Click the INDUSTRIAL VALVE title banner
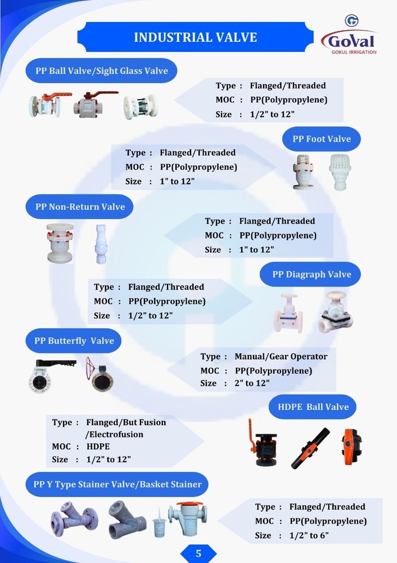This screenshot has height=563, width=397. [195, 37]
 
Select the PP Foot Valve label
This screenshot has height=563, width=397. [321, 139]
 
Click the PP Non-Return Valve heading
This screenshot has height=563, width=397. [80, 207]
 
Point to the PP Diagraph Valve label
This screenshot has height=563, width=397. [312, 275]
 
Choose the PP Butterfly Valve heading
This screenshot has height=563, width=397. [74, 341]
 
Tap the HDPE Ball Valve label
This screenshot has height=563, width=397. [313, 406]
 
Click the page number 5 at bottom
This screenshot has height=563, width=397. [198, 553]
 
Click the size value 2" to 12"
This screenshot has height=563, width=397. [252, 383]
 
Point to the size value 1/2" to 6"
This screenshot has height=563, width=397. [309, 535]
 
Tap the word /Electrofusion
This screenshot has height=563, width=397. [114, 435]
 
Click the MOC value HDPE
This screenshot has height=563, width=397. [98, 446]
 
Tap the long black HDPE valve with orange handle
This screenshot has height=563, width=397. [310, 448]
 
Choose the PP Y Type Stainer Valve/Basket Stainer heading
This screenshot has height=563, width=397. [117, 484]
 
